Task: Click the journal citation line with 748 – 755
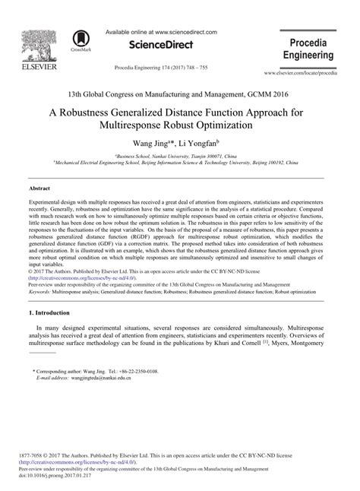tap(160, 68)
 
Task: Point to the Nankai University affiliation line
tap(180, 155)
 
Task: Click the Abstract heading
tap(39, 187)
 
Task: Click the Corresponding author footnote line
tap(95, 371)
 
